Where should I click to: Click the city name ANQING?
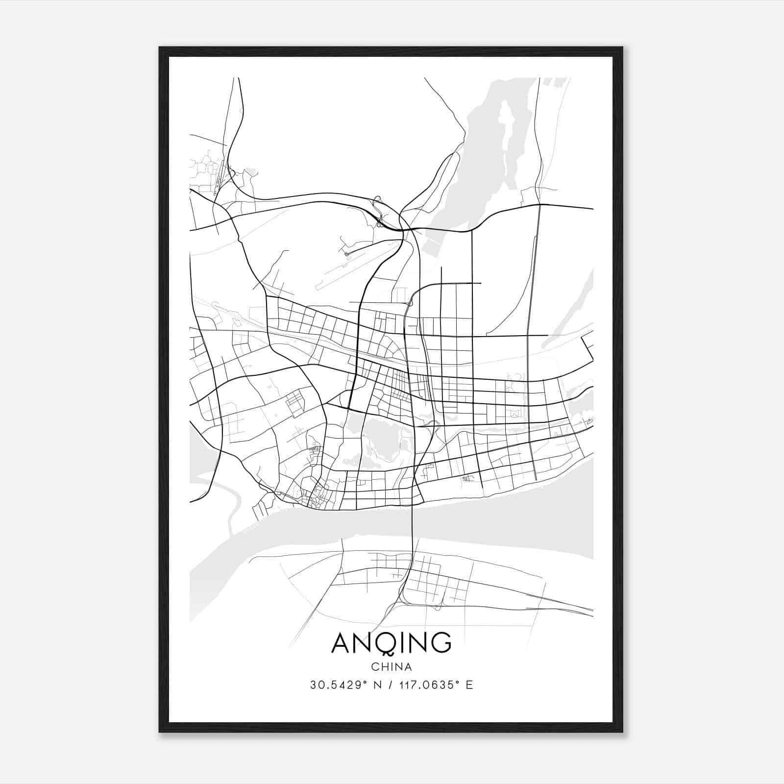[391, 642]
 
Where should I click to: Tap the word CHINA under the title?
[392, 667]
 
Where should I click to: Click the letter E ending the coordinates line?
[469, 685]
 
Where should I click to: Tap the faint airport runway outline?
[353, 274]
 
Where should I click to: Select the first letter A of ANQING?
[342, 642]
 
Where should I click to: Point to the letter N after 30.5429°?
[377, 685]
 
